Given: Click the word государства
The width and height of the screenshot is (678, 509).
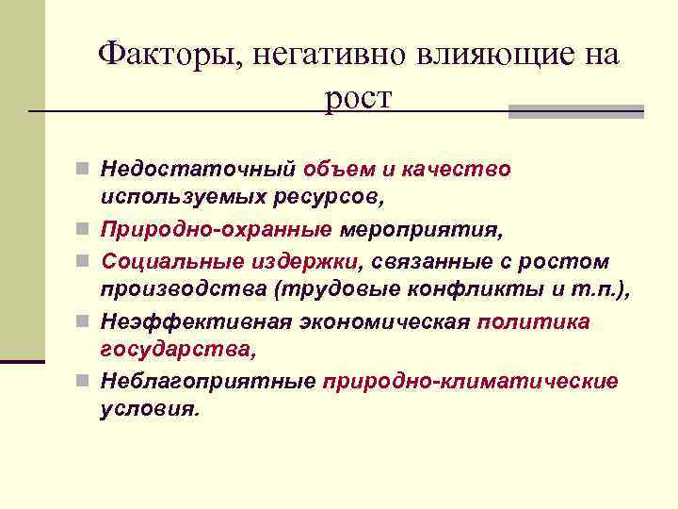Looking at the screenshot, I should click(177, 351).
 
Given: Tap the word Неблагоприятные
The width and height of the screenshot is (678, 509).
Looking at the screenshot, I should click(207, 382).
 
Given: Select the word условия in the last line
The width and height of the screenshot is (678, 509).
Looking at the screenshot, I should click(150, 411).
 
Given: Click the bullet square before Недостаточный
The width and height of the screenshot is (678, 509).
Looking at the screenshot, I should click(85, 170).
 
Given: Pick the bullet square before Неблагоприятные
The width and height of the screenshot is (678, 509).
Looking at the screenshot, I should click(85, 382).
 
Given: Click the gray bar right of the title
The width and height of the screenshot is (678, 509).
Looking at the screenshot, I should click(575, 111).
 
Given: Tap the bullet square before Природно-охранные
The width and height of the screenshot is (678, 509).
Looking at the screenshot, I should click(85, 230).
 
